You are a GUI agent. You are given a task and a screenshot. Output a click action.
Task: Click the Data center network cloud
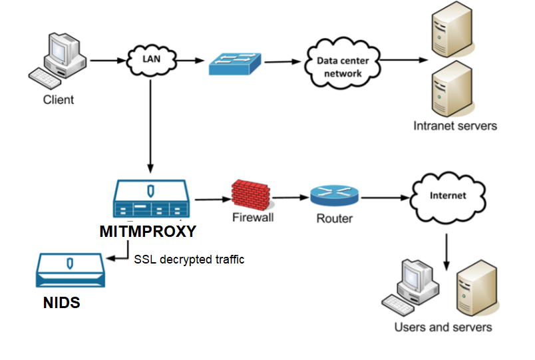click(x=341, y=65)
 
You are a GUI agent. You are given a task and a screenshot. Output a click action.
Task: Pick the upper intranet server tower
click(x=446, y=30)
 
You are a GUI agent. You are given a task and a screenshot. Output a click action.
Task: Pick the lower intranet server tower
click(x=446, y=90)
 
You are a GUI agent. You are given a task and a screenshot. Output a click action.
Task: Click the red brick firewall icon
click(x=253, y=194)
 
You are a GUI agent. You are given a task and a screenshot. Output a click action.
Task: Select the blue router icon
click(x=334, y=195)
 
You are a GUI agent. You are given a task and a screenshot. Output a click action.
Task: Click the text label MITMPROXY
click(x=148, y=232)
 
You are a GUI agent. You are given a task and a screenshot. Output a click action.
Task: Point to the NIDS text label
click(x=61, y=303)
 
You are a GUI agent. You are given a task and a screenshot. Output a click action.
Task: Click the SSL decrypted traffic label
click(x=189, y=260)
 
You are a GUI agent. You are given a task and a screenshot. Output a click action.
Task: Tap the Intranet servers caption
click(x=455, y=125)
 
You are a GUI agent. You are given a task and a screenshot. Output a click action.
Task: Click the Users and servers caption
click(x=443, y=327)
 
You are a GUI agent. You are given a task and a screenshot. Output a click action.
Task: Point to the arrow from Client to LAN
click(x=106, y=61)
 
